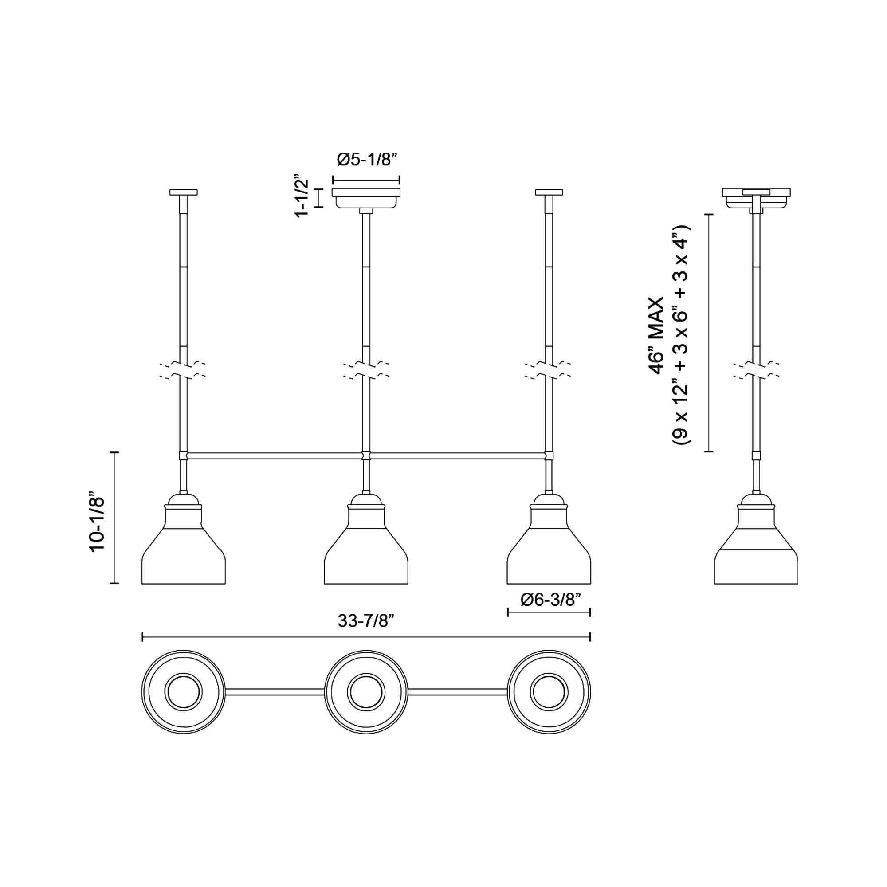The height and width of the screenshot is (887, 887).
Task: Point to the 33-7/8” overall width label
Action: click(x=366, y=621)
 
